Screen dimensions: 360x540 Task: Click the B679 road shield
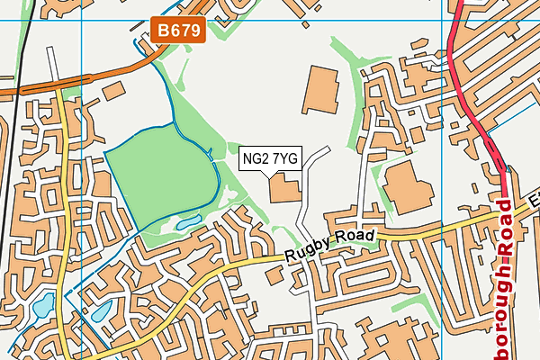[x=180, y=31]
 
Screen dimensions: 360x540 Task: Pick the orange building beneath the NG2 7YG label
[x=286, y=190]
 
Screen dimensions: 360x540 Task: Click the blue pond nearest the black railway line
[x=43, y=307]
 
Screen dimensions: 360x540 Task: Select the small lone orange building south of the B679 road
[x=112, y=91]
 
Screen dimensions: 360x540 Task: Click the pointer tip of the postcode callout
[x=261, y=176]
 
